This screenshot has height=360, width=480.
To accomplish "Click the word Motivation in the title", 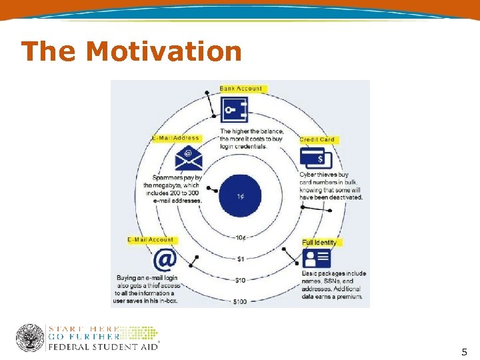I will tap(163, 51).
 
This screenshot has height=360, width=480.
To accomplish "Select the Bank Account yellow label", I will tap(241, 89).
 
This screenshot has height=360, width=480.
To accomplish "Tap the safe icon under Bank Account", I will tap(235, 110).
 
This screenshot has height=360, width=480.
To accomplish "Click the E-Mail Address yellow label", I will tap(175, 138).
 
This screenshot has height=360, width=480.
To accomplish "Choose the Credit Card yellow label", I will tap(317, 139).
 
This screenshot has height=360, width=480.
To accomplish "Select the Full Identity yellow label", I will tap(320, 243).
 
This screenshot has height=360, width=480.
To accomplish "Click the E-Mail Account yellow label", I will tap(151, 239).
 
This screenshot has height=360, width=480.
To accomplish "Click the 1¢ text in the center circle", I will tap(240, 197).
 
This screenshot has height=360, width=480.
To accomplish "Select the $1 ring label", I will tap(240, 258).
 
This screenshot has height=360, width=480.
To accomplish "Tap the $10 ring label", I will tap(240, 280).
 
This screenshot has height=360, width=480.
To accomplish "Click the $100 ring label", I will tap(240, 301).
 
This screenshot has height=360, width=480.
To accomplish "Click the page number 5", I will tap(464, 351).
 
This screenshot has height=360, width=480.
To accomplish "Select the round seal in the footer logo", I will tap(29, 338).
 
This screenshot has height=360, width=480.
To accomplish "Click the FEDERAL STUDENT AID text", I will tap(103, 347).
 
